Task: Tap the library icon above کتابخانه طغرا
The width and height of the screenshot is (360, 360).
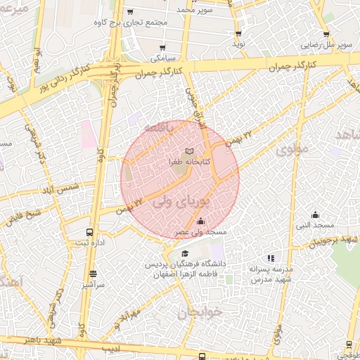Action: [188, 150]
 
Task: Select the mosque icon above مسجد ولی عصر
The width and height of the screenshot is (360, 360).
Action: [200, 221]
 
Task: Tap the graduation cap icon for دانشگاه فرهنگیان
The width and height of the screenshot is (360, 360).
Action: [185, 254]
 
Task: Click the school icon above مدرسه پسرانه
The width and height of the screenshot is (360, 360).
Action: [271, 258]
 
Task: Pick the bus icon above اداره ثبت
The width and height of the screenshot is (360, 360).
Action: [89, 232]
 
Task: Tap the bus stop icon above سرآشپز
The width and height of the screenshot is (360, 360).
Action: [94, 275]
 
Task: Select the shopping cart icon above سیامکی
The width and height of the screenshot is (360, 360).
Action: [162, 48]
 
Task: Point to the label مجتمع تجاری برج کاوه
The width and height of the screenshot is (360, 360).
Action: [131, 22]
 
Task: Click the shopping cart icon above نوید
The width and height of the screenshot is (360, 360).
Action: [238, 33]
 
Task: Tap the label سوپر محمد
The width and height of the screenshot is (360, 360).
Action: [195, 11]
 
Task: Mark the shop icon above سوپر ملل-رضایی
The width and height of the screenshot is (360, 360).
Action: [326, 34]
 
